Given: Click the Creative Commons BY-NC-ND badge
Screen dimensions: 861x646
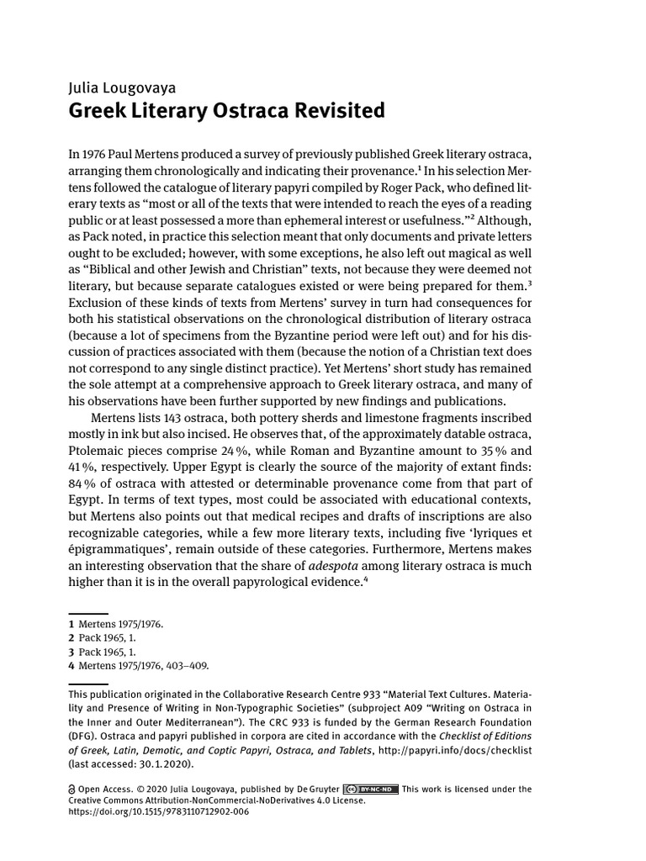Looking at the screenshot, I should pos(371,790).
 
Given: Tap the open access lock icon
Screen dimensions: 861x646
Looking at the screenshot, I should pos(71,790).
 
